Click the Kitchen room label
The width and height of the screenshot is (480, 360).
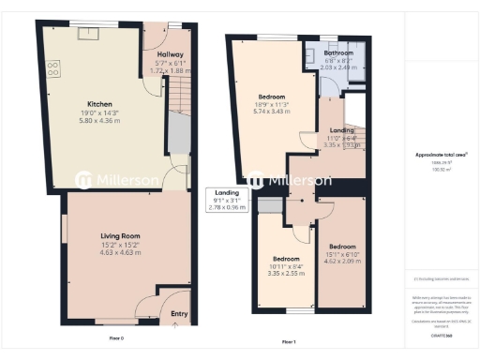tap(100, 103)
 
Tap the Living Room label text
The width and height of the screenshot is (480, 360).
tap(121, 235)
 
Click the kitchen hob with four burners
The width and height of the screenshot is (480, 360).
tap(52, 68)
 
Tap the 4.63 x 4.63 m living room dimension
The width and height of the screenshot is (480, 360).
tap(121, 252)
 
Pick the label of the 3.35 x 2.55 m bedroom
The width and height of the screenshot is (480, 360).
tap(286, 258)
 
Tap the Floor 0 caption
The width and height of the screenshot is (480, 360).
tap(116, 336)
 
